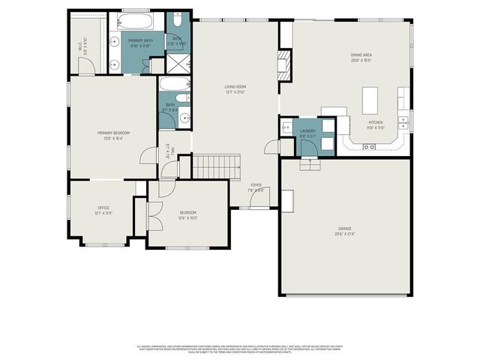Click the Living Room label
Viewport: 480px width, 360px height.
[235, 87]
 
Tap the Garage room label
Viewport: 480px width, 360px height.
[345, 228]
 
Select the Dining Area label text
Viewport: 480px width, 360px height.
[361, 55]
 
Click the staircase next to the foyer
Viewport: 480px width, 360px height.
[217, 166]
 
